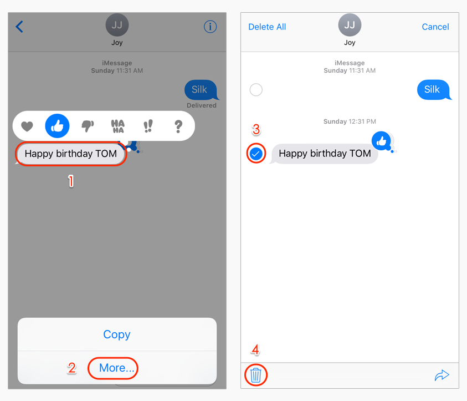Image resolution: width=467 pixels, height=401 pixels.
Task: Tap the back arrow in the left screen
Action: tap(19, 27)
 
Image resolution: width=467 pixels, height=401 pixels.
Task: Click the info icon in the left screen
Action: tap(210, 27)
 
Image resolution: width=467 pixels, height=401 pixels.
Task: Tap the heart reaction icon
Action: tap(27, 126)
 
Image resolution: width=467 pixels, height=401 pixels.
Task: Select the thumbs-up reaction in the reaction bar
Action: tap(57, 126)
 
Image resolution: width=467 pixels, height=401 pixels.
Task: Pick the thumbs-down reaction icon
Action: tap(88, 126)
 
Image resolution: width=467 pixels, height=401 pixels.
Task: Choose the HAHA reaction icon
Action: tap(117, 126)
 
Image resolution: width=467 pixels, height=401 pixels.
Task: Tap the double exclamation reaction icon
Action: tap(148, 126)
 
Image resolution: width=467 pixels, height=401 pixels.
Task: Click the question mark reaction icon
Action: tap(178, 126)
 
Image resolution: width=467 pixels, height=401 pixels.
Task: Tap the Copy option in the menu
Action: tap(117, 334)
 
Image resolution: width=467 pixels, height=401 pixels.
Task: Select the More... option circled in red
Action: tap(116, 368)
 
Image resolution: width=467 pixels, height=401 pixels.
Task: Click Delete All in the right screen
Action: tap(267, 27)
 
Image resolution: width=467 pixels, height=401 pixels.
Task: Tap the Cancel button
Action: tap(435, 27)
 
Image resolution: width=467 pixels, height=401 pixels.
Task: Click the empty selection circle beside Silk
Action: tap(256, 90)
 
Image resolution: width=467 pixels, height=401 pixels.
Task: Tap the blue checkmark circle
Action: tap(256, 154)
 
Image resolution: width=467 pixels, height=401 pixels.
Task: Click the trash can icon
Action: tap(255, 375)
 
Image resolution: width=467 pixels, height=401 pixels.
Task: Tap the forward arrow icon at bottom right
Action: tap(442, 375)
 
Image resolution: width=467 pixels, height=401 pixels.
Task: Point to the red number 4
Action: tap(255, 350)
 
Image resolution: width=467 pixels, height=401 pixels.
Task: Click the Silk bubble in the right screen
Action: tap(432, 90)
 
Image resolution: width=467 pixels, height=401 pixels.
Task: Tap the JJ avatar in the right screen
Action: tap(350, 25)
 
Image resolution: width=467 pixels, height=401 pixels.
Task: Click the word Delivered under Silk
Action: tap(202, 105)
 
